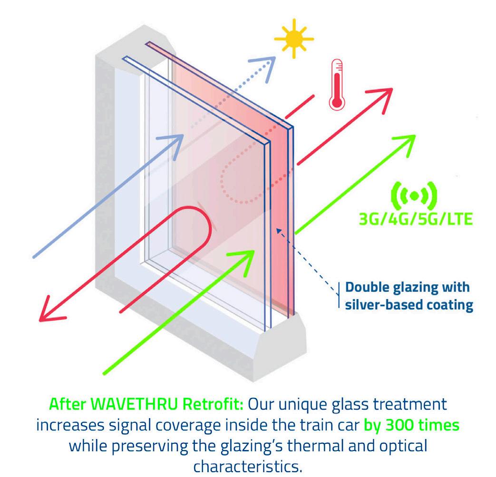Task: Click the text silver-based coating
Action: (x=409, y=304)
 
